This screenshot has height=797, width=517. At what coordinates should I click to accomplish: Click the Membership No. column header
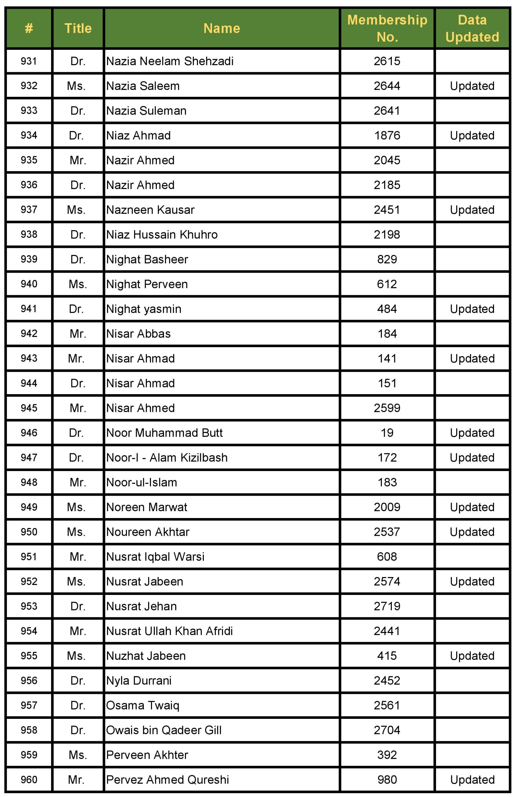(x=387, y=28)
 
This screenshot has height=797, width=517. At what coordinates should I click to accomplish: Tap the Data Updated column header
(x=472, y=28)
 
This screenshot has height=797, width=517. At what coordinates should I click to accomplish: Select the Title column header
(x=78, y=28)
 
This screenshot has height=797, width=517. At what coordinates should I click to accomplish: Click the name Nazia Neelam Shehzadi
(x=170, y=61)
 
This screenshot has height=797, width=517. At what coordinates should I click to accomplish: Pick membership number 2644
(x=387, y=86)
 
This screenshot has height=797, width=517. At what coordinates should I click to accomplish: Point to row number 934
(x=29, y=135)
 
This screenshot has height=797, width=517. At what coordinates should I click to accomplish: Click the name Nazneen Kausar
(x=150, y=210)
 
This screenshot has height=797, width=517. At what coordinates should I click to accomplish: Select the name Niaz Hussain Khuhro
(x=162, y=235)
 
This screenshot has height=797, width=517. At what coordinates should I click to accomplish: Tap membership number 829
(x=387, y=260)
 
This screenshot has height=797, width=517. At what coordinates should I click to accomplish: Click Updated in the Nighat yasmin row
(x=472, y=309)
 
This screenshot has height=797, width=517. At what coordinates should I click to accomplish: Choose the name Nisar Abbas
(x=138, y=334)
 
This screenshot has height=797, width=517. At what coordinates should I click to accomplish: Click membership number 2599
(x=387, y=408)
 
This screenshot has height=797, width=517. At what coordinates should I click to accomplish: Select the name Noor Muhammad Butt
(x=164, y=433)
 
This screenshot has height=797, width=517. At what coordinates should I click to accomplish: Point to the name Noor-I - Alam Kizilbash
(x=167, y=458)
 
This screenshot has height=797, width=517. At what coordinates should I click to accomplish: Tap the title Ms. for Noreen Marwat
(x=76, y=507)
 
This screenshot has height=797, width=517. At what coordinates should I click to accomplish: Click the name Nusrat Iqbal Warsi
(x=155, y=557)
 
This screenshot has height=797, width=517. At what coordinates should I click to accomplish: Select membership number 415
(x=387, y=656)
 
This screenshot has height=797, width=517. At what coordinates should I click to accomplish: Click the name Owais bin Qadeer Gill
(x=164, y=730)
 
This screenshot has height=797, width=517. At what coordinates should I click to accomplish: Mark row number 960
(x=29, y=780)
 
